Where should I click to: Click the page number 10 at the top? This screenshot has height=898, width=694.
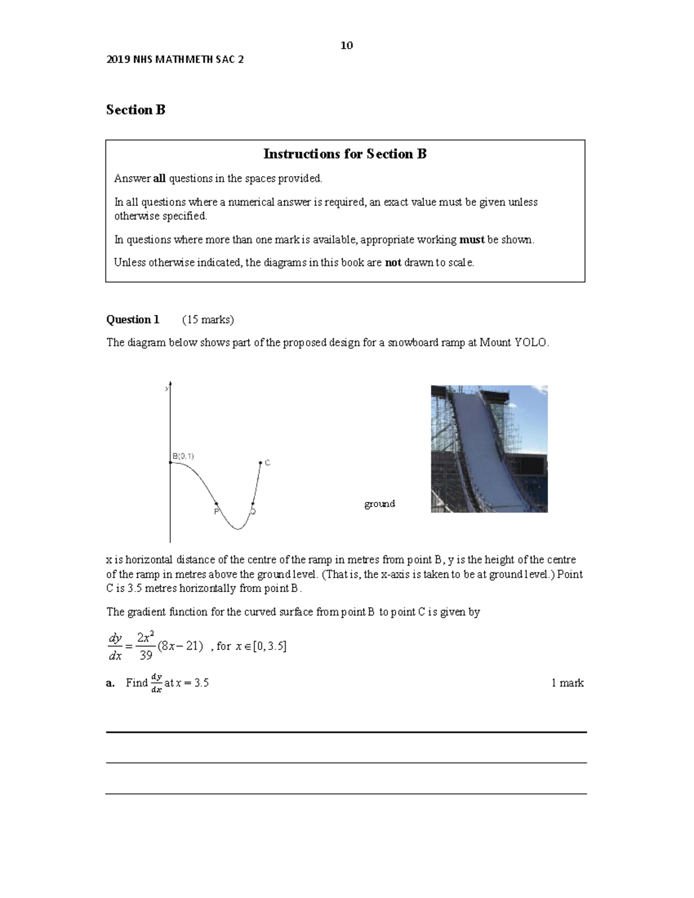346,46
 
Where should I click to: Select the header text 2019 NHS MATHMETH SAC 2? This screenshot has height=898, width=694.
175,60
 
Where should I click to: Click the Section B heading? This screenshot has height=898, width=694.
136,110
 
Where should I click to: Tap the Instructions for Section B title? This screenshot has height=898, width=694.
345,154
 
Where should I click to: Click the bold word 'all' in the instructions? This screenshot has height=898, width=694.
159,179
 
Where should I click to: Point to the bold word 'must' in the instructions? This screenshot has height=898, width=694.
471,239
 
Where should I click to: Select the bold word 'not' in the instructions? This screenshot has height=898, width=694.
393,263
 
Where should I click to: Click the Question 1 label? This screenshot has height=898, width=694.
132,320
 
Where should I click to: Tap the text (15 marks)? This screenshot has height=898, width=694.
208,320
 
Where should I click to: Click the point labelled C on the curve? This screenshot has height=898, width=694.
261,463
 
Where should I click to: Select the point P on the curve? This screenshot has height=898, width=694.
217,504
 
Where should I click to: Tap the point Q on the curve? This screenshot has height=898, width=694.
253,504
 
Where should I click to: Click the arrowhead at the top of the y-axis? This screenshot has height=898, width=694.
170,385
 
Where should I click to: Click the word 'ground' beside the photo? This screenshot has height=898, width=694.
379,504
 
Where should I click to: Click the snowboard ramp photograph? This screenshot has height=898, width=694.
489,449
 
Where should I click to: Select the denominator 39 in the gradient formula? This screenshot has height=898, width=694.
146,655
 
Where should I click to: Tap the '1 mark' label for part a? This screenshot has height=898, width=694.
567,683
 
